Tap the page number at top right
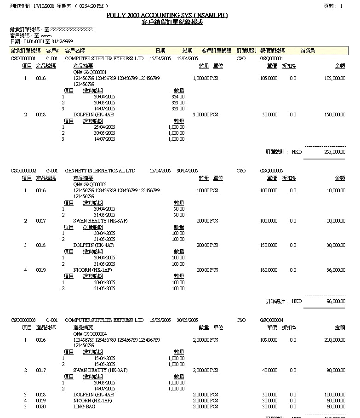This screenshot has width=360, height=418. [341, 6]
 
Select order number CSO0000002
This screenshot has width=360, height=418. [23, 171]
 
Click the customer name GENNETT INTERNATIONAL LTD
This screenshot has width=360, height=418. [100, 171]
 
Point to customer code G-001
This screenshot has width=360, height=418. [52, 171]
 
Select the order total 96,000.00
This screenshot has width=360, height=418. [336, 301]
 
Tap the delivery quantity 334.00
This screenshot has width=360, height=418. [177, 97]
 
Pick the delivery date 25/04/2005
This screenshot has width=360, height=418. [104, 127]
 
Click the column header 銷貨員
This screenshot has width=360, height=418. [307, 51]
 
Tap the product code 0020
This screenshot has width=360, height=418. [41, 407]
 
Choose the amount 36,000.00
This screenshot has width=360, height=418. [336, 270]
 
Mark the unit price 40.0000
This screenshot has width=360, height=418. [269, 370]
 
